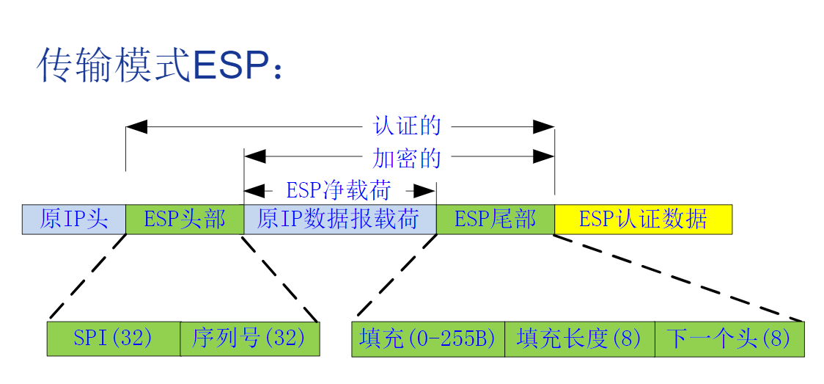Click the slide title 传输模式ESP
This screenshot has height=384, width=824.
160,65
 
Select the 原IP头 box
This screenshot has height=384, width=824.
74,219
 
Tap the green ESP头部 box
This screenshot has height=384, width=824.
184,219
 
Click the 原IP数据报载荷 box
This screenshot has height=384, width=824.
339,219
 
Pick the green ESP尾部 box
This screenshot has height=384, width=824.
495,219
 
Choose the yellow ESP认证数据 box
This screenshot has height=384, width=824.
643,219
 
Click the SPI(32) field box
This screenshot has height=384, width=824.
114,338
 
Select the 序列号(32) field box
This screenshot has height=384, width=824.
249,338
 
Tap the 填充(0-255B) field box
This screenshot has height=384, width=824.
428,338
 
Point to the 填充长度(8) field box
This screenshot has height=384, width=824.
579,338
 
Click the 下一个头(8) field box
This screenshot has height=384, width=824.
729,338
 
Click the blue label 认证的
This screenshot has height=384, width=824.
408,126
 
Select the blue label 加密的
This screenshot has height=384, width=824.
408,157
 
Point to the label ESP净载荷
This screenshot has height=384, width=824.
339,191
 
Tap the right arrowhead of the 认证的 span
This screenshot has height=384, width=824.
543,127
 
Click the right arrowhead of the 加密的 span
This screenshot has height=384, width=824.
543,156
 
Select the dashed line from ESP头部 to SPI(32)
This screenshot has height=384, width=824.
87,278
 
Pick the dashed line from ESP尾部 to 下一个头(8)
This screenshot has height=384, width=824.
678,278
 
